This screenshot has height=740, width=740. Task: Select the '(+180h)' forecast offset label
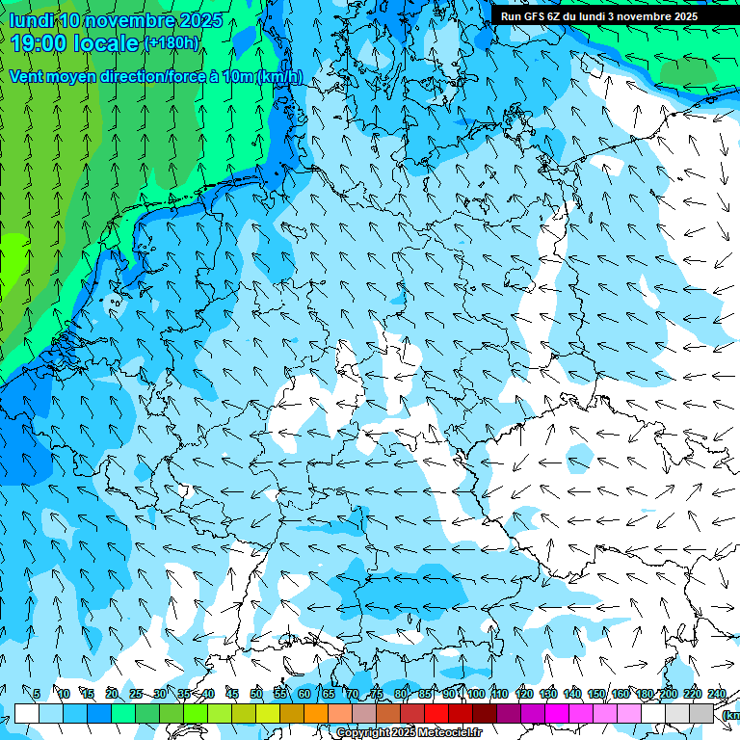coord(172,43)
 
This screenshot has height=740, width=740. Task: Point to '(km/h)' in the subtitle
coord(279,77)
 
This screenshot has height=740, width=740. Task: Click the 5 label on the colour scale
coord(37,694)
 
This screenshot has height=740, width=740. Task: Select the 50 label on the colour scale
coord(256,694)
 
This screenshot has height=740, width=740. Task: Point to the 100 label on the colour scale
coord(476,694)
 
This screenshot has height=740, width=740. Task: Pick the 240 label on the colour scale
coord(717,694)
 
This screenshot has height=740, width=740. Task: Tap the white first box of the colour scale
coord(27,713)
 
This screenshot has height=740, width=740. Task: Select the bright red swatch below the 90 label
coord(436,713)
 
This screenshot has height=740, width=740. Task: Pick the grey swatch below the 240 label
coord(701,713)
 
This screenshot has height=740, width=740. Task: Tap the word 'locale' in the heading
coord(104,43)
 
